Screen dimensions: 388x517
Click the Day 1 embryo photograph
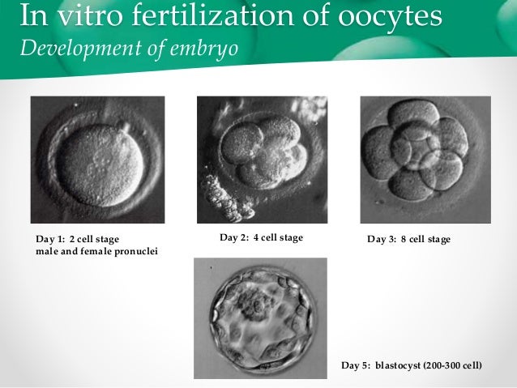click(x=97, y=160)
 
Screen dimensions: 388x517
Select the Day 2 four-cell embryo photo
click(x=262, y=160)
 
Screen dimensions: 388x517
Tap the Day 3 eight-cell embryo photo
click(x=425, y=160)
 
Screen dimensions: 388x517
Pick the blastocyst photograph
click(x=260, y=318)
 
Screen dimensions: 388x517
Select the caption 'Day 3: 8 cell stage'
click(x=408, y=240)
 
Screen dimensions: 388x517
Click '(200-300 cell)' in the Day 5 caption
click(x=454, y=366)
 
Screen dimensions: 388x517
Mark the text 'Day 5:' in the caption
click(x=357, y=366)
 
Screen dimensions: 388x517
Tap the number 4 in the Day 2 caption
click(x=258, y=238)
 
